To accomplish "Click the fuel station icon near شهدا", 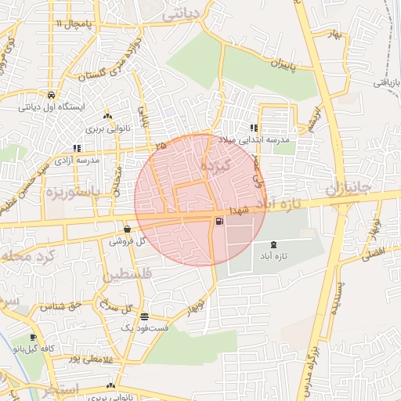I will tap(218, 222).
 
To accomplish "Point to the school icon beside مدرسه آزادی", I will tap(76, 147).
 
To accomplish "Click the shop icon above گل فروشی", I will tap(127, 229).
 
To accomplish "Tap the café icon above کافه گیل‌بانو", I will tap(33, 338).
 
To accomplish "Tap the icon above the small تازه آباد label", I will tap(273, 245).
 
